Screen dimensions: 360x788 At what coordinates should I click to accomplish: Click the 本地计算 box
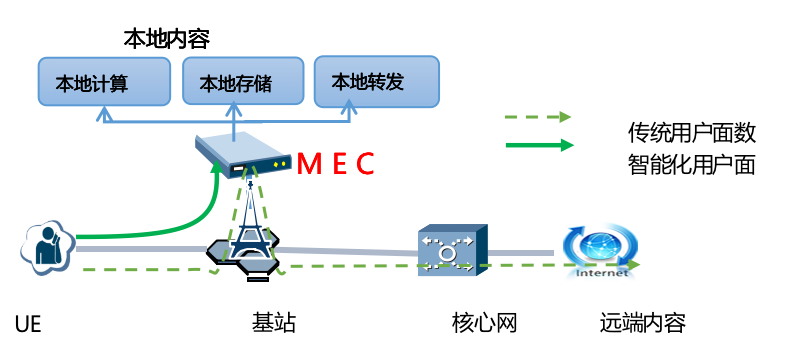(104, 81)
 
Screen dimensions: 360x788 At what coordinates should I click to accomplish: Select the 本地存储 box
(243, 81)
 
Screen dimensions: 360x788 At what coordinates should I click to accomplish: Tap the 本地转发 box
(376, 81)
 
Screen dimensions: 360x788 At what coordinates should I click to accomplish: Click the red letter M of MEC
(309, 163)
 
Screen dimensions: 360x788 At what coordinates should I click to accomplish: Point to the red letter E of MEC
(339, 163)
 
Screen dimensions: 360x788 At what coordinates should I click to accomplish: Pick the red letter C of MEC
(365, 163)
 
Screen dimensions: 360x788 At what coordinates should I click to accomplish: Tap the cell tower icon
(250, 225)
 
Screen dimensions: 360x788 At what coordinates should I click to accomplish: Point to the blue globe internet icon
(600, 247)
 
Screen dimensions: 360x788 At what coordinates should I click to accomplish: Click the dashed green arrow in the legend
(538, 117)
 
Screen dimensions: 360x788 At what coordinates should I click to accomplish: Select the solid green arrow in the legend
(539, 145)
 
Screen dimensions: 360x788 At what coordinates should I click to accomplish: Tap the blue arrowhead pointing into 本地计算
(104, 113)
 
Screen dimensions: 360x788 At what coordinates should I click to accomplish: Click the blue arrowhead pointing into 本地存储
(233, 107)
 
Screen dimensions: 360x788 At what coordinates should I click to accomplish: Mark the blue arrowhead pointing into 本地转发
(348, 105)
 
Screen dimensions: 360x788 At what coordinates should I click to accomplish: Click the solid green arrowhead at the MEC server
(215, 167)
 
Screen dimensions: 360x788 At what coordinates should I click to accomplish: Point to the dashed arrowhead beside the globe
(633, 264)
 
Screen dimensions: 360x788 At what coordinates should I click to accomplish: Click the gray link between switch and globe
(520, 252)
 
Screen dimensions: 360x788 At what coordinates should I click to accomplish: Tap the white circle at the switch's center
(447, 253)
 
